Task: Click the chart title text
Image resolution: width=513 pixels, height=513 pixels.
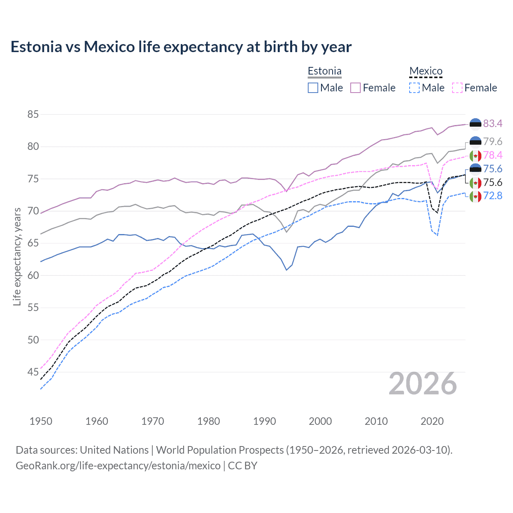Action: [181, 47]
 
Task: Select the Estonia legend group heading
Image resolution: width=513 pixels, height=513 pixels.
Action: [324, 71]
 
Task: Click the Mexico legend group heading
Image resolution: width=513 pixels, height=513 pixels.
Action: [426, 71]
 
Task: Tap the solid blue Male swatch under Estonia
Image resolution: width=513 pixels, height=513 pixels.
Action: [313, 88]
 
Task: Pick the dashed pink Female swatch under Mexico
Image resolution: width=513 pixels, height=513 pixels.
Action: [457, 88]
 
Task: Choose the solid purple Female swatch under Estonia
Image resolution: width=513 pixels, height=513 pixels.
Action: [355, 88]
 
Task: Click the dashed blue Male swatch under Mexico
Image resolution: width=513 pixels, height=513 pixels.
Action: [414, 88]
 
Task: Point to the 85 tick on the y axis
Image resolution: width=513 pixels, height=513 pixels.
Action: [33, 115]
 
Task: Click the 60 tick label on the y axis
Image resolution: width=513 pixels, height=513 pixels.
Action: [33, 276]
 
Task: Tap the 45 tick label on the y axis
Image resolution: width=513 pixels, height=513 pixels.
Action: [33, 372]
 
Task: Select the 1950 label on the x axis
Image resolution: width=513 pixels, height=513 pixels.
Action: [41, 421]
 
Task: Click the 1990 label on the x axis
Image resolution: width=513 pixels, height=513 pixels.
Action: [265, 421]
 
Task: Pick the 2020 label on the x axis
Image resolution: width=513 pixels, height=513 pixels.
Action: [432, 421]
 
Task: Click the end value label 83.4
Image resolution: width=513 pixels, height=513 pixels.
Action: [493, 123]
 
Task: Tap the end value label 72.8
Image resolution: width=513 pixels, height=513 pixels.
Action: [493, 196]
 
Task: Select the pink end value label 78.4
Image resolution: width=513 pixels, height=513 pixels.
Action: [493, 155]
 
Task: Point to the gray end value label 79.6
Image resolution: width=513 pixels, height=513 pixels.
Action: [493, 141]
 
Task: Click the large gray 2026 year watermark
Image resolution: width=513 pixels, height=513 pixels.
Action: [423, 384]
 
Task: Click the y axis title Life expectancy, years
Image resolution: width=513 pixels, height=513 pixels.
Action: [17, 256]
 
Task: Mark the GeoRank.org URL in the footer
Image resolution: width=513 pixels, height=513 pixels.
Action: [118, 466]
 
